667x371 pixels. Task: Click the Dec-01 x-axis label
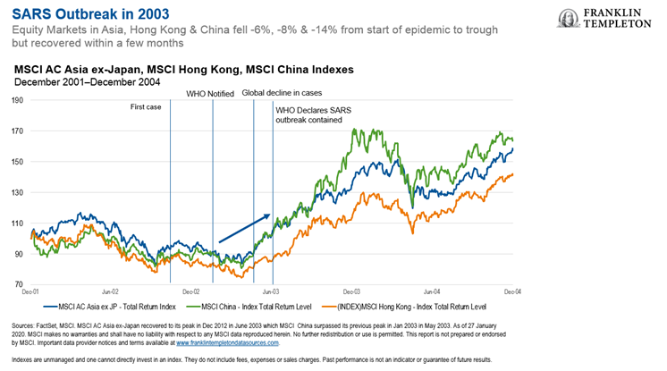click(x=30, y=291)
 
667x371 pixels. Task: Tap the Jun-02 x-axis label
click(x=111, y=291)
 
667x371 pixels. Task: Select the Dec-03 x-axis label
click(x=350, y=291)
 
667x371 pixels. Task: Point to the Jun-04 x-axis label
click(x=432, y=291)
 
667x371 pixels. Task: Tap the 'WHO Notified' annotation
click(x=209, y=93)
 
